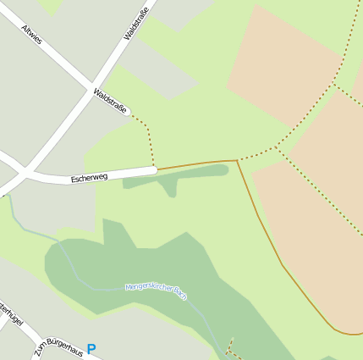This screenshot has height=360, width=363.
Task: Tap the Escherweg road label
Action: (89, 178)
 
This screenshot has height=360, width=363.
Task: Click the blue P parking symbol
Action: (91, 348)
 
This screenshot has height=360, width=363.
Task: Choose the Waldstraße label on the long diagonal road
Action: (135, 22)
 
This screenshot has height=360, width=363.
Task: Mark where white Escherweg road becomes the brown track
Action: (157, 169)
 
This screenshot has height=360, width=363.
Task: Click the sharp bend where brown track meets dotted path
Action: (236, 160)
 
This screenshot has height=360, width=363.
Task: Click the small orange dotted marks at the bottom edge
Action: (229, 348)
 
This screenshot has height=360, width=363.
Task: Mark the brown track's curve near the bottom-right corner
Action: (338, 330)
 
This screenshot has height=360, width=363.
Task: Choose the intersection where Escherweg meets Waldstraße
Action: (25, 173)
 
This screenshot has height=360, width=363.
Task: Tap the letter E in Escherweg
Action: (74, 180)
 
